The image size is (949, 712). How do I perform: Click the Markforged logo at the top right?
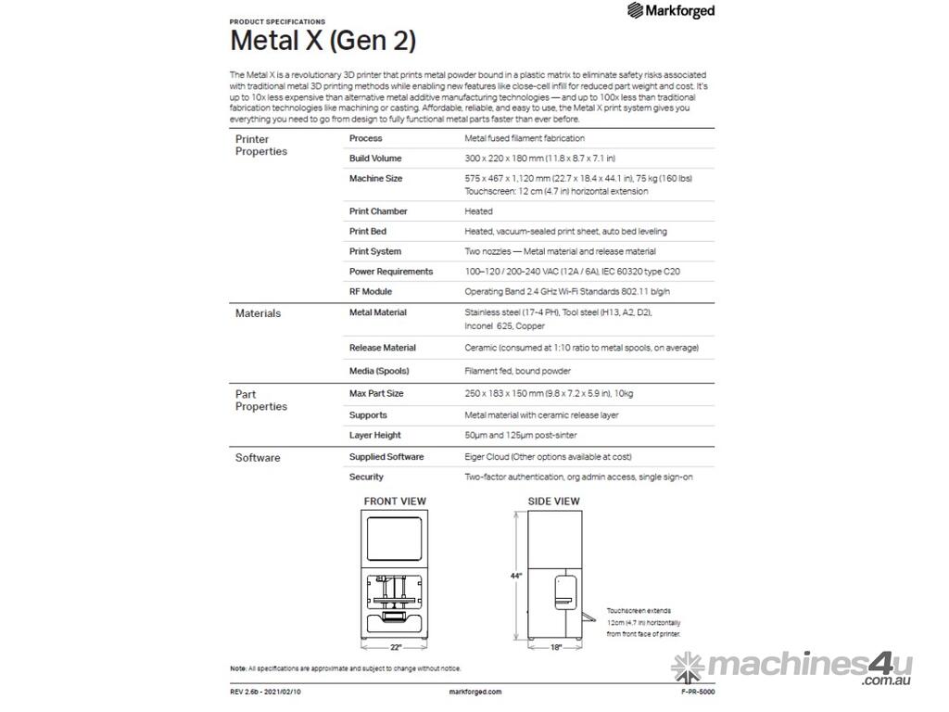click(671, 11)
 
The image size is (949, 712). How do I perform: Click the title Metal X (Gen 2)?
click(323, 42)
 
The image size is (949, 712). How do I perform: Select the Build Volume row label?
click(375, 159)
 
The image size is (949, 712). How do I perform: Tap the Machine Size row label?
click(375, 178)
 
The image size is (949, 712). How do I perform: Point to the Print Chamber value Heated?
click(478, 211)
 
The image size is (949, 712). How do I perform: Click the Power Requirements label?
click(390, 272)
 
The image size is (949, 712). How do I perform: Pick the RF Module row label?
click(370, 291)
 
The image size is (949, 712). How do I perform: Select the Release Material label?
click(382, 348)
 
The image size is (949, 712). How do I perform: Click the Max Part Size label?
click(375, 393)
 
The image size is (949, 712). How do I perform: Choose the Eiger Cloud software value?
click(548, 457)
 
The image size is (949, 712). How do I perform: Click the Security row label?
click(366, 477)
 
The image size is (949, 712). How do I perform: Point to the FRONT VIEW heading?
click(395, 502)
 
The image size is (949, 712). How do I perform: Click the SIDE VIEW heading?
click(554, 502)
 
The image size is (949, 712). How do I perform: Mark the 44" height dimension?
click(515, 576)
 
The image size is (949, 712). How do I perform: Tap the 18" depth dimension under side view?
click(556, 647)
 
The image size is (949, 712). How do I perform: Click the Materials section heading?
click(258, 313)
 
